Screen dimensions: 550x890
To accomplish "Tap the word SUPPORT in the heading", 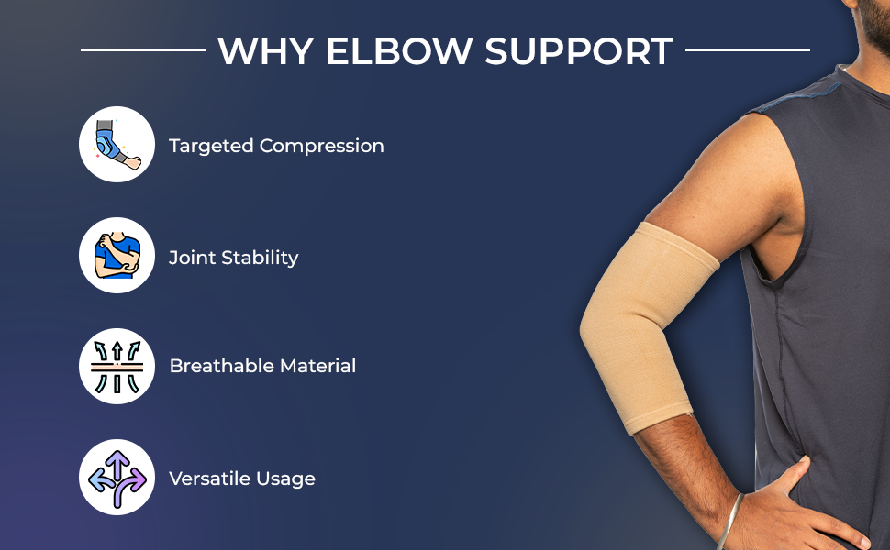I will point(580,51).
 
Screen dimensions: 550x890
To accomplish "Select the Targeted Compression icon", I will point(117,145).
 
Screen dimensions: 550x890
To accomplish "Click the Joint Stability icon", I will point(117,256).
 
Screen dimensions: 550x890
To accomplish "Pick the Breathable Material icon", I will point(117,366).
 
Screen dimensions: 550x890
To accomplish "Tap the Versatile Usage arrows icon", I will point(117,477).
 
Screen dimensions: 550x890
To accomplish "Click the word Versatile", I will point(207,478).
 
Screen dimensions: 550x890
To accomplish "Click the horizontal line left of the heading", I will point(142,50).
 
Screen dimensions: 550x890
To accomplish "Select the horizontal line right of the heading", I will point(747,50).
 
